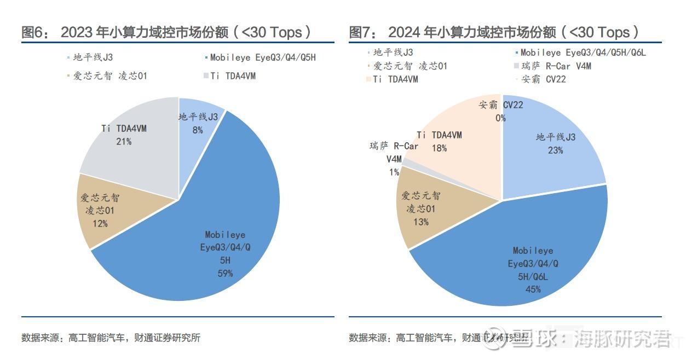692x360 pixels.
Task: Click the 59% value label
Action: pyautogui.click(x=225, y=273)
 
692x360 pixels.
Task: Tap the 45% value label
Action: pyautogui.click(x=533, y=289)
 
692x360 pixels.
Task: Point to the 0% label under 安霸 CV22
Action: pyautogui.click(x=500, y=118)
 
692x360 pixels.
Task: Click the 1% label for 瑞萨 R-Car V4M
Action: pyautogui.click(x=394, y=172)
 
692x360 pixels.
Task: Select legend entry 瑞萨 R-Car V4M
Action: pyautogui.click(x=556, y=66)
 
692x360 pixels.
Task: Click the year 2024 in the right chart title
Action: pyautogui.click(x=403, y=32)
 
